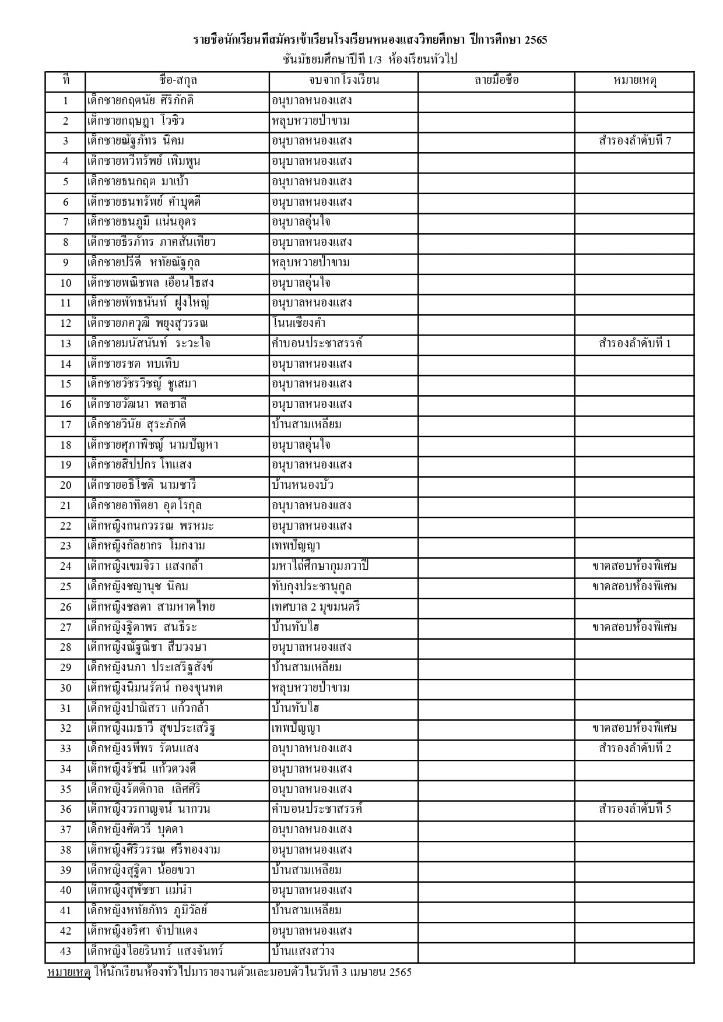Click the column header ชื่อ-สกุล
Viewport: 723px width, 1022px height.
tap(177, 80)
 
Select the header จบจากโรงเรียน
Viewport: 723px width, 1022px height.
tap(343, 80)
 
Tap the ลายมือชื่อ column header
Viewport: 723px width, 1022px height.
tap(496, 80)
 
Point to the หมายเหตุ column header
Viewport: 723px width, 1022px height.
tap(634, 80)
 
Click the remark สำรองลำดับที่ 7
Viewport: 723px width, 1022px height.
tap(634, 141)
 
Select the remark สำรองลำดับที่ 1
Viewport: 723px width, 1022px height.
tap(634, 343)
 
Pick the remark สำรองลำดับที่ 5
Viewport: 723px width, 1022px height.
tap(634, 809)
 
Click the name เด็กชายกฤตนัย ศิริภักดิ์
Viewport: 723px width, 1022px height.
tap(140, 100)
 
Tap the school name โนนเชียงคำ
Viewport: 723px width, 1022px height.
tap(299, 323)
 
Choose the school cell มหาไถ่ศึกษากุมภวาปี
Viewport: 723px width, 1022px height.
tap(320, 566)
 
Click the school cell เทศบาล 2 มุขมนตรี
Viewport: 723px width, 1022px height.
tap(316, 607)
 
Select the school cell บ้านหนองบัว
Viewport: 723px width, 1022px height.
tap(303, 485)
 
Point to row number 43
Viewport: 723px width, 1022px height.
tap(65, 951)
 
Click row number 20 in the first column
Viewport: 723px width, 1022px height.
tap(65, 485)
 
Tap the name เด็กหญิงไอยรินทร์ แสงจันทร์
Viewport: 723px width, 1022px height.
tap(155, 951)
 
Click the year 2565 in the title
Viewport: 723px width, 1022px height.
tap(535, 40)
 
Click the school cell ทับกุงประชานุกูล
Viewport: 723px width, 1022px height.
tap(311, 586)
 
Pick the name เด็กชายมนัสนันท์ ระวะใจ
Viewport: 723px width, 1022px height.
tap(149, 343)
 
